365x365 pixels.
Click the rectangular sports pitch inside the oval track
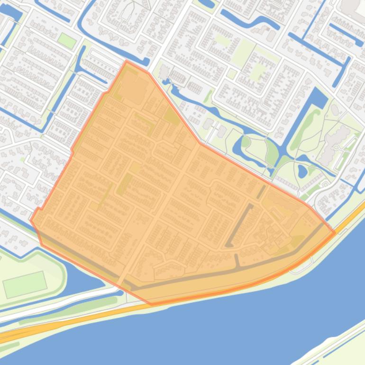(25, 284)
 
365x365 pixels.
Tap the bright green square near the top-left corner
(67, 41)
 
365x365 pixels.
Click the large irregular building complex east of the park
(334, 143)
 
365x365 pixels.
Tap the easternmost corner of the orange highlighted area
(335, 232)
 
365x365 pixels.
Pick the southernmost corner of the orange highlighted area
(152, 304)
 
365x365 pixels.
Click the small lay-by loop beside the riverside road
(299, 270)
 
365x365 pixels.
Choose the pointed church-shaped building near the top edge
(127, 12)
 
